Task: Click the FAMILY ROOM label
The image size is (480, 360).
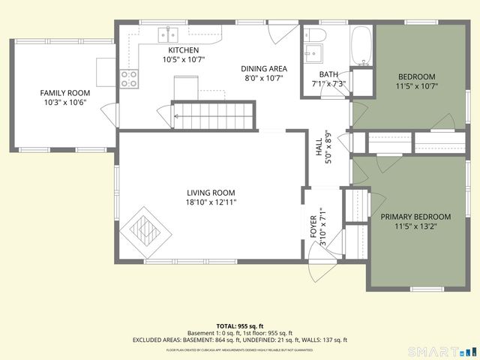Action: [59, 93]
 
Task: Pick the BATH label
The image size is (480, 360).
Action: [328, 74]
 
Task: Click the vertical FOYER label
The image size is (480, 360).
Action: [313, 226]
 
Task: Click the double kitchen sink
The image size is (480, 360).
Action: [166, 34]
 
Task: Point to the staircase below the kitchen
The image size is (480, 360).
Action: [214, 114]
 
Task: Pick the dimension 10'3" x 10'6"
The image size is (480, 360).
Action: [59, 103]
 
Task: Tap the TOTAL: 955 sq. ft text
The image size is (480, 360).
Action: [239, 326]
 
